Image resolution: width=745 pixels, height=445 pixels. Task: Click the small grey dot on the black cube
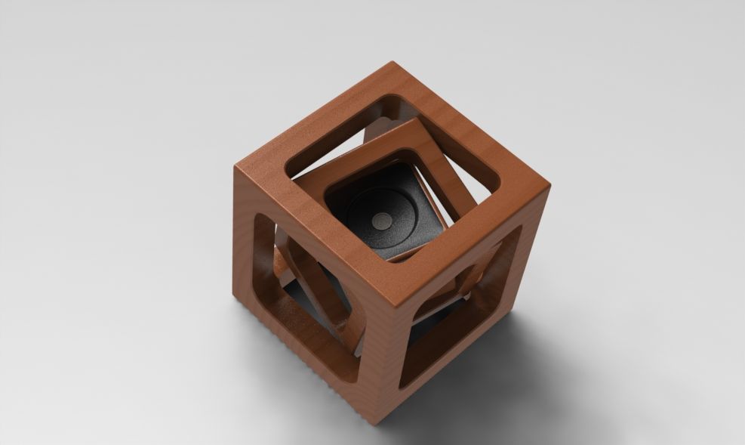pyautogui.click(x=380, y=220)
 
